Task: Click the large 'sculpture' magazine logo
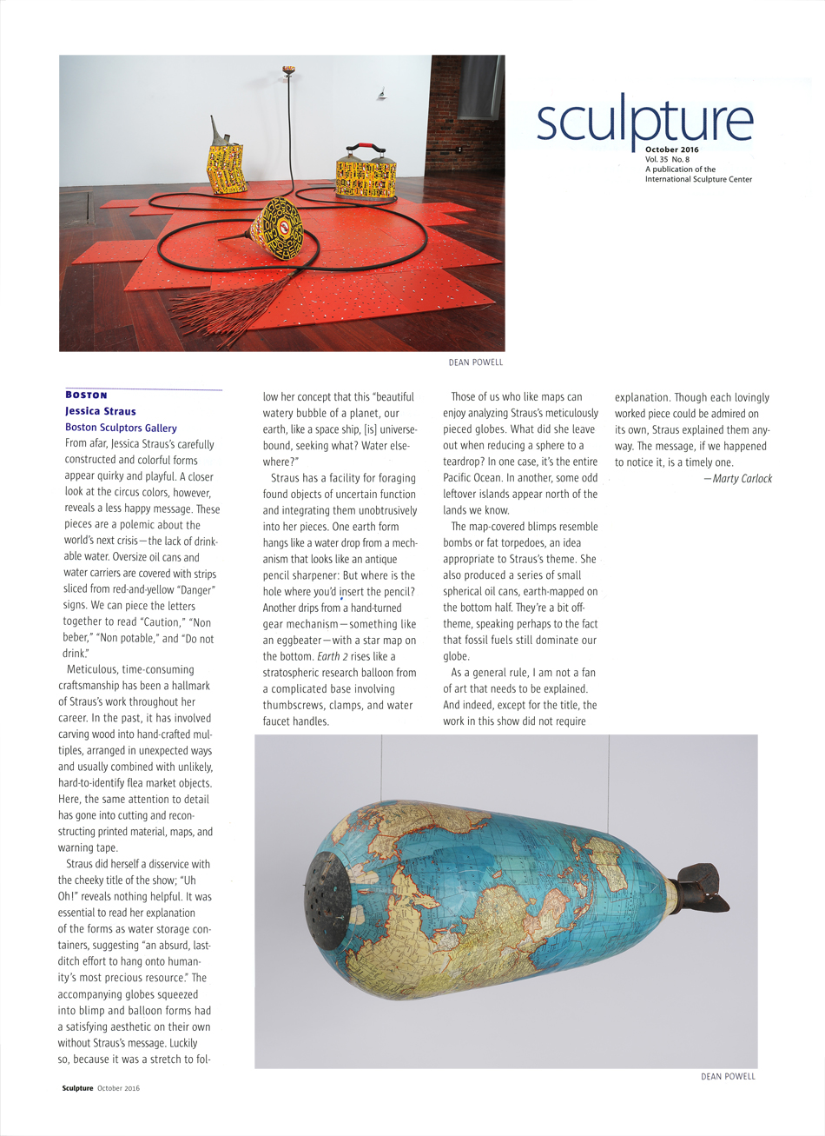(x=643, y=122)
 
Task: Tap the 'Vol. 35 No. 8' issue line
(x=668, y=160)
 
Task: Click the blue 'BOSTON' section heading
(x=86, y=395)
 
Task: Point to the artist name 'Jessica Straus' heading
(x=100, y=411)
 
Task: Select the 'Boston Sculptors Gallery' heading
(x=121, y=428)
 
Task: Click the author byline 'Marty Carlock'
(x=742, y=478)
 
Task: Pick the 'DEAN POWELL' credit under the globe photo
(x=728, y=1076)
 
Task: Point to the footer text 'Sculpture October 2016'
(x=100, y=1087)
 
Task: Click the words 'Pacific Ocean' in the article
(x=477, y=478)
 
